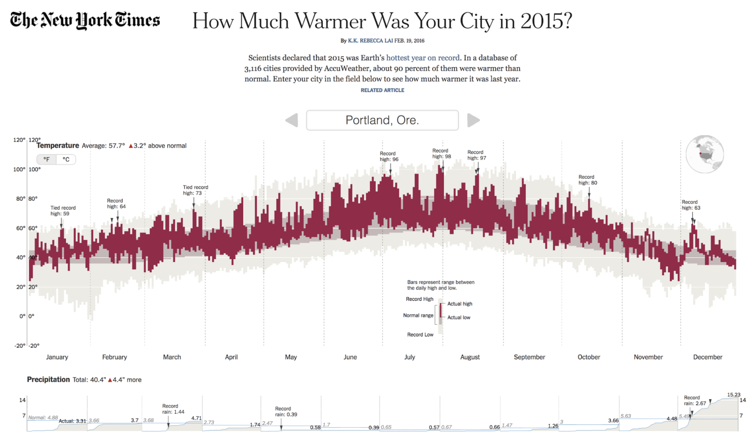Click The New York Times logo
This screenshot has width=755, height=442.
click(85, 20)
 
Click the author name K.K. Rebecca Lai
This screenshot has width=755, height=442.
click(370, 41)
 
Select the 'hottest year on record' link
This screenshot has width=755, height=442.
click(422, 58)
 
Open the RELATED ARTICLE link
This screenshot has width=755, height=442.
click(382, 90)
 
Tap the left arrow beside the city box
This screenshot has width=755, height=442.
click(292, 120)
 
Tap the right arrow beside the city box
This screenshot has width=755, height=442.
click(473, 120)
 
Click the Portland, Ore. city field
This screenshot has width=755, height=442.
click(382, 120)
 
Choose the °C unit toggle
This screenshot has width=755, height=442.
click(66, 160)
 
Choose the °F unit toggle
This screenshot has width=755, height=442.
click(46, 160)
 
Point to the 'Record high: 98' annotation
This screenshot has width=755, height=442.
click(441, 154)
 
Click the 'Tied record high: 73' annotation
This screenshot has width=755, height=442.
click(195, 190)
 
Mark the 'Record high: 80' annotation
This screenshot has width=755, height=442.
click(587, 180)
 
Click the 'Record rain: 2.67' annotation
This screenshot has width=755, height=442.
click(695, 400)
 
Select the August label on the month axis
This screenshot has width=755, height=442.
click(469, 357)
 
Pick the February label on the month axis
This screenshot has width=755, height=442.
click(114, 357)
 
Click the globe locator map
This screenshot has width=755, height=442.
click(704, 154)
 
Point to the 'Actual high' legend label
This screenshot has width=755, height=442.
click(459, 304)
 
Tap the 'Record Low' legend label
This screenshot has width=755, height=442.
click(420, 335)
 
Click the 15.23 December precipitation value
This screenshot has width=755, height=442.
click(733, 395)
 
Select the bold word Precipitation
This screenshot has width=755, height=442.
click(48, 380)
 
